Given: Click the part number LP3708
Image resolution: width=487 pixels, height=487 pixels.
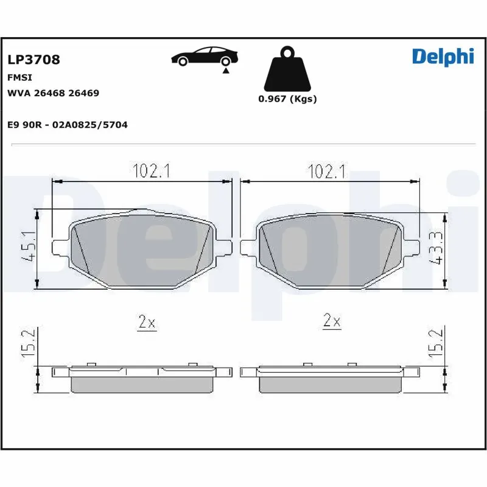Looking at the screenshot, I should point(33,60).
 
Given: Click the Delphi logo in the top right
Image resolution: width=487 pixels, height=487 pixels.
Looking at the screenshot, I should point(442,56).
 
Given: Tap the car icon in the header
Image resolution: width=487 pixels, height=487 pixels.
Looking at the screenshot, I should point(204,57).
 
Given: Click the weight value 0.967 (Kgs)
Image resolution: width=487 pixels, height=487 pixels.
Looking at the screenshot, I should point(287,99).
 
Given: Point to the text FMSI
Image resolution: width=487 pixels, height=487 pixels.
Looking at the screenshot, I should point(19,78).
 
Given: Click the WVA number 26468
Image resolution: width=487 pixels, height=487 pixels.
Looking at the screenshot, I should point(51,93).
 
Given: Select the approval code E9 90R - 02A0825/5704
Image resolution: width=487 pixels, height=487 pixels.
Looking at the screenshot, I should point(67,124).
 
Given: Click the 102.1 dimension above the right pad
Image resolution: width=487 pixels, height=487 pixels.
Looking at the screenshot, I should point(326,172).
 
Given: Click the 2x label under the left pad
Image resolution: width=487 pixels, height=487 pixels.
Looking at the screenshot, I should point(147,323).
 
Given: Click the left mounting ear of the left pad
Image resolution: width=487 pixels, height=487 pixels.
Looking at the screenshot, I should point(59,247).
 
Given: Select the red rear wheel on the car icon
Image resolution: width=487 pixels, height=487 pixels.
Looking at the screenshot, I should point(225,61).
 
